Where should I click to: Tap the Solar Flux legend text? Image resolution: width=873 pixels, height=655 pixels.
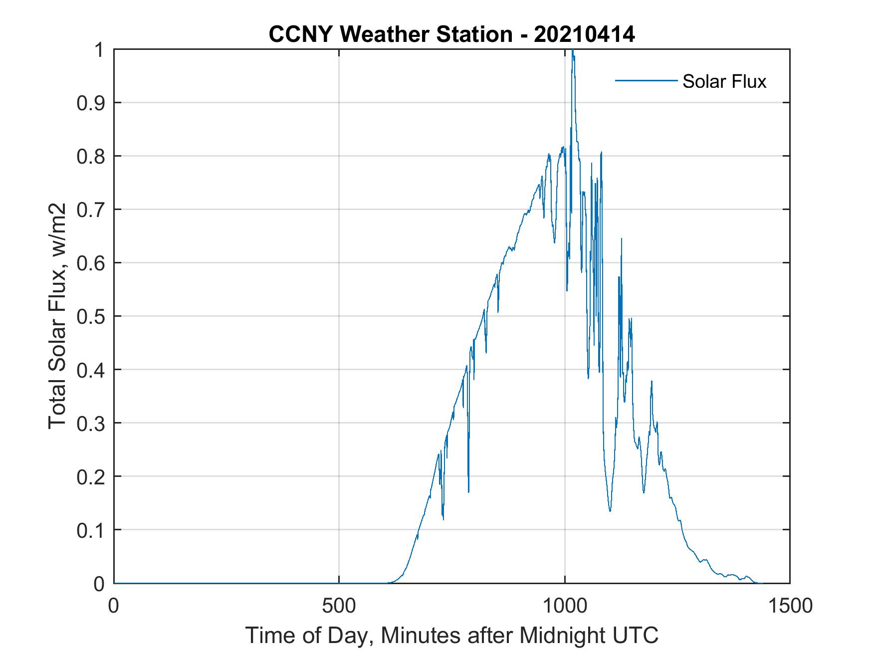[724, 81]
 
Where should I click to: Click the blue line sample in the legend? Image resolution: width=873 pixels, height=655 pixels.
[646, 80]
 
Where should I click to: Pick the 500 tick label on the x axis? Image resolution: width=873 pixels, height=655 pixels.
[339, 606]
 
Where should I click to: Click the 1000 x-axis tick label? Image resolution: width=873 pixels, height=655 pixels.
[565, 606]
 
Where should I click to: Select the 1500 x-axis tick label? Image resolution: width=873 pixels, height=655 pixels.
[790, 606]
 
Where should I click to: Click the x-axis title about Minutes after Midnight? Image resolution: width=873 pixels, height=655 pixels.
[452, 635]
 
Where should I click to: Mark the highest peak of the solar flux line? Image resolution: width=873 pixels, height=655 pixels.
[573, 50]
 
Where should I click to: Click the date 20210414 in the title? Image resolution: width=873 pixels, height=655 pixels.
[584, 34]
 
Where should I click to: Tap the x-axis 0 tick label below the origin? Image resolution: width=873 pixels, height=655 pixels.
[114, 606]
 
